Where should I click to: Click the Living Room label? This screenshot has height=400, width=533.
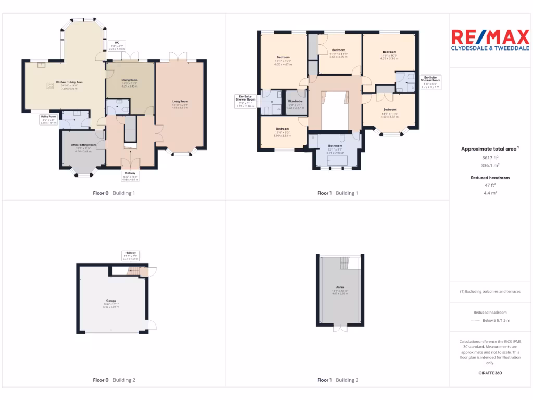coord(180,101)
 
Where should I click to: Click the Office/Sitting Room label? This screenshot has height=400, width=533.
coord(83,145)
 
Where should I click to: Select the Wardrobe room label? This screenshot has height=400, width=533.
coord(296,102)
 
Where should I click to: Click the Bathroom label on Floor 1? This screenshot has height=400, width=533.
coord(335,146)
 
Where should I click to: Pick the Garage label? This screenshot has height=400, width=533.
coord(111,301)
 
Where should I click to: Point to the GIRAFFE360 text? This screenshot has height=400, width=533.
coord(491,373)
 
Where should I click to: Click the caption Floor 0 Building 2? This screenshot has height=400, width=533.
coord(114,380)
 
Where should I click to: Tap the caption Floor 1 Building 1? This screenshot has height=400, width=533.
coord(338,193)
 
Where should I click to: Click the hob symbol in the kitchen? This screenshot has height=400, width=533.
coord(50,86)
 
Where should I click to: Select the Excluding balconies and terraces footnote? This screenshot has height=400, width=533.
coord(491,291)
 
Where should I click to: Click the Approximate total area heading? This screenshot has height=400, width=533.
coord(490,149)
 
